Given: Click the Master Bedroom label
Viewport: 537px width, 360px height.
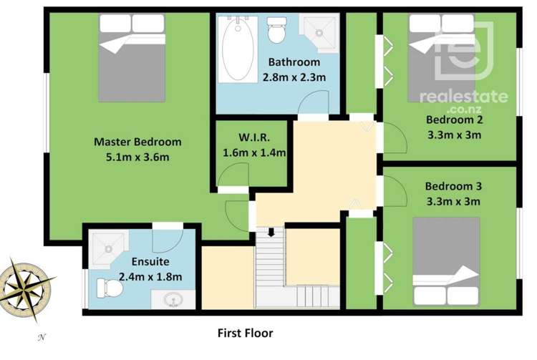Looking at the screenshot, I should [x=137, y=142].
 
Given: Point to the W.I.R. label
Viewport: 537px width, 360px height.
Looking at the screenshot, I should [x=254, y=138].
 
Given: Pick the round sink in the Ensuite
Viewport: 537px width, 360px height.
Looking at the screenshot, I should [x=173, y=299].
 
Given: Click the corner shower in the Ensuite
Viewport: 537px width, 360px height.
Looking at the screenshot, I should [x=105, y=246].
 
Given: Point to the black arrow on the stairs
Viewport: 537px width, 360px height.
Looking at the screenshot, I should [x=271, y=233].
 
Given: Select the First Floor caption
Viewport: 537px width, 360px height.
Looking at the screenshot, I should [x=245, y=333].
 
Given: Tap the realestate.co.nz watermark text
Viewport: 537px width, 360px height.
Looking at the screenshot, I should [x=463, y=98].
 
